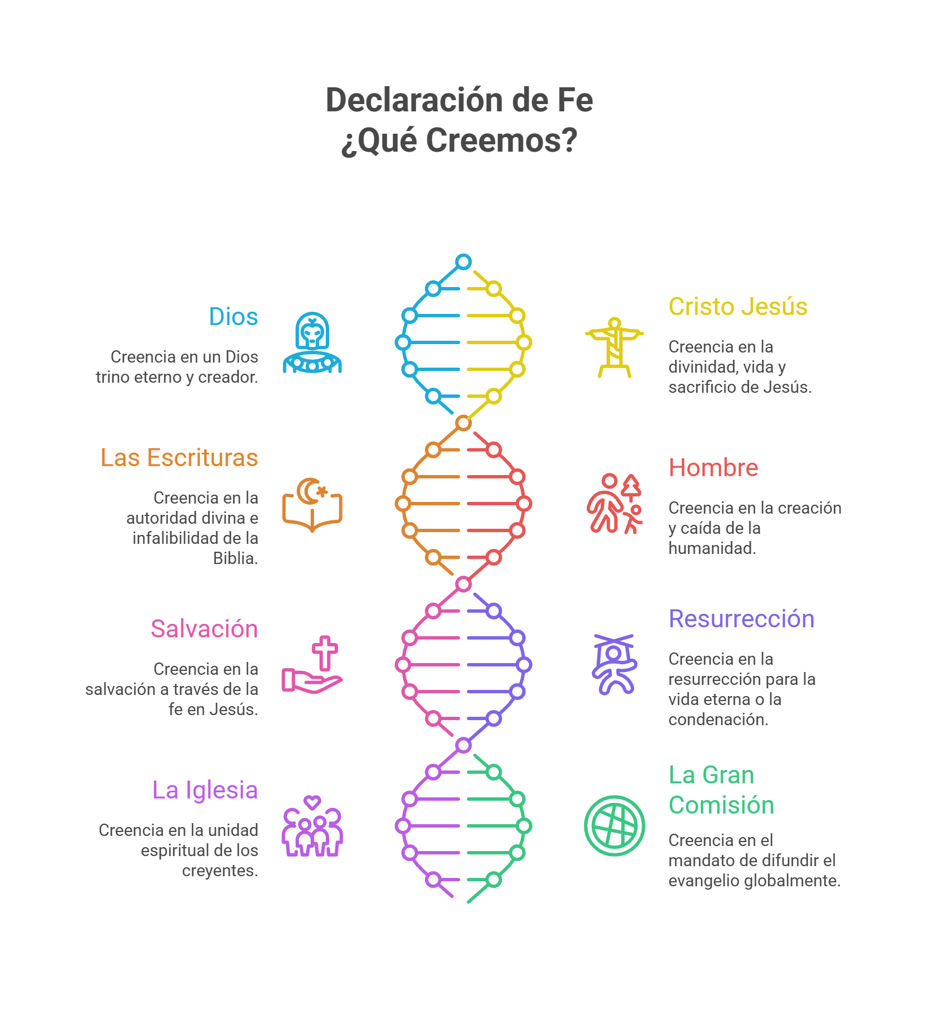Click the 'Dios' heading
tap(233, 317)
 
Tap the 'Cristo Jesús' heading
tap(738, 307)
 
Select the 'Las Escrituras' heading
tap(179, 458)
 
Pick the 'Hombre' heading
tap(713, 468)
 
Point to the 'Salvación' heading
tap(204, 629)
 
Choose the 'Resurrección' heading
tap(741, 619)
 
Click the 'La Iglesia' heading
tap(205, 790)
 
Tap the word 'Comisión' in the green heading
tap(721, 805)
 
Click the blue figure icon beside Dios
tap(312, 342)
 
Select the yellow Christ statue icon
tap(615, 347)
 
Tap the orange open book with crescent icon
tap(312, 505)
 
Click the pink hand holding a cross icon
tap(312, 665)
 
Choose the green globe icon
tap(615, 826)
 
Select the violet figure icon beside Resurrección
tap(614, 665)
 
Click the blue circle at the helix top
tap(464, 262)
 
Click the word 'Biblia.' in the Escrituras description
tap(236, 558)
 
